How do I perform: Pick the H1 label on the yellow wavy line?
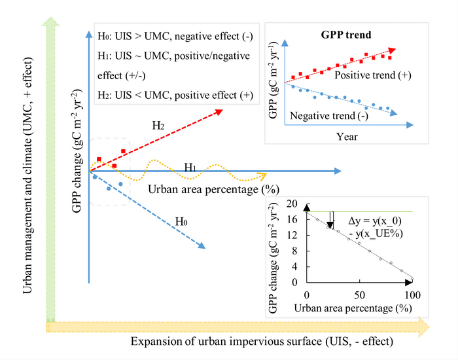click(190, 168)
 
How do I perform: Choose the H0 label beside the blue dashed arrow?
click(181, 222)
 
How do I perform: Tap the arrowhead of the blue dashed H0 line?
click(202, 246)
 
